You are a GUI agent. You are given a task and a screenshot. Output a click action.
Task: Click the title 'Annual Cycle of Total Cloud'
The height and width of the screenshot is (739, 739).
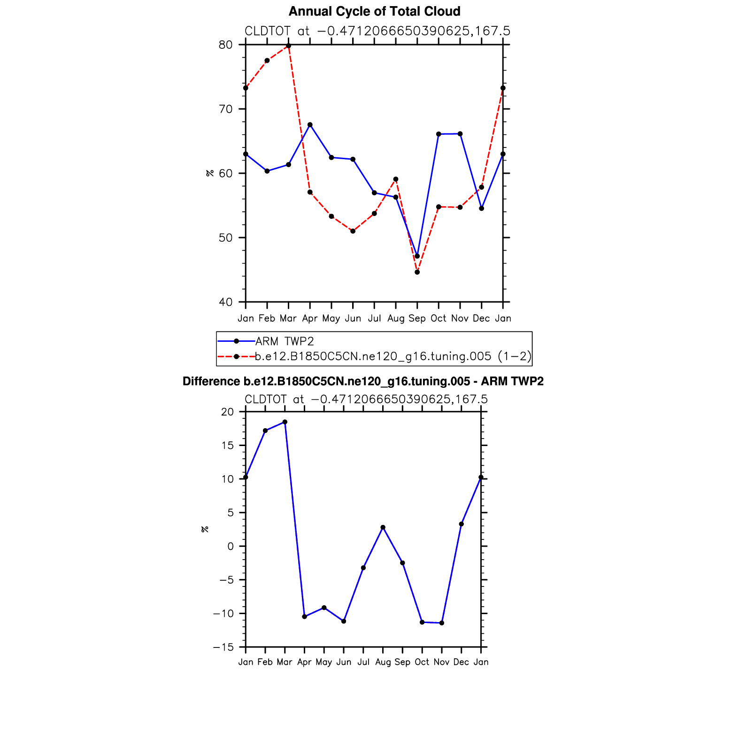click(374, 11)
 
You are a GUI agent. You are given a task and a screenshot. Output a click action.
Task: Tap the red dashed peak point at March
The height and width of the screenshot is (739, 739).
click(288, 46)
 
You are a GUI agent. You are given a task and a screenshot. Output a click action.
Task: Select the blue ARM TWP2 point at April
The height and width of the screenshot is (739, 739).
click(310, 125)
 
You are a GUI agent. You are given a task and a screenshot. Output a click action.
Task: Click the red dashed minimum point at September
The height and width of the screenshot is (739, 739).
click(417, 272)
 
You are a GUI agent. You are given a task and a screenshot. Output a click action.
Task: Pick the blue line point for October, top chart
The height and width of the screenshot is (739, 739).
click(439, 134)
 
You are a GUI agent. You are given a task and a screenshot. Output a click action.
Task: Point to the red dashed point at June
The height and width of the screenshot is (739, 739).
click(353, 231)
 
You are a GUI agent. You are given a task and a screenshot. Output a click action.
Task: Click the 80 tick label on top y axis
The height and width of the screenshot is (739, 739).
click(225, 45)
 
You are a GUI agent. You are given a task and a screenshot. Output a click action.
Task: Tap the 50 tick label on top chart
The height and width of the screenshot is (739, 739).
click(225, 238)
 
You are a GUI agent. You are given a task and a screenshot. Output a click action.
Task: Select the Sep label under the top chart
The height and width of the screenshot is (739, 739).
click(417, 318)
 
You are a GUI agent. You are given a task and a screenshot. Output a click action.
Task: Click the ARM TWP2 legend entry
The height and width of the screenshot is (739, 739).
click(285, 341)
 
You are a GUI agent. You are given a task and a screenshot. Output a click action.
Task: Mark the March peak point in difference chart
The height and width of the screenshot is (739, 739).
click(285, 422)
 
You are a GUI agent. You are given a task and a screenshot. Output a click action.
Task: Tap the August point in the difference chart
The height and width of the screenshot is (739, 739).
click(383, 527)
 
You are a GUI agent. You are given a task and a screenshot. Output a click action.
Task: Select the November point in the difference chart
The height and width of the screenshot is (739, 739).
click(442, 623)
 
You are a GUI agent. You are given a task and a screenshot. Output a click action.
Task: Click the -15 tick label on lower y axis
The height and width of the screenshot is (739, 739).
click(223, 647)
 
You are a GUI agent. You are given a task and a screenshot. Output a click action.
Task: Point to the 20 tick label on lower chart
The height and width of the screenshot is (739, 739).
click(227, 412)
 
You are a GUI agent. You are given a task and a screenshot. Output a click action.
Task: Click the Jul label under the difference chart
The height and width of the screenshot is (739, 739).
click(363, 662)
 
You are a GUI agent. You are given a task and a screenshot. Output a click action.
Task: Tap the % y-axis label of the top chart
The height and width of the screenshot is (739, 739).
click(209, 173)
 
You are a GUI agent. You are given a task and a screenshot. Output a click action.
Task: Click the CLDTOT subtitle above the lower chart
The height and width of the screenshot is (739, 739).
click(366, 400)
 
